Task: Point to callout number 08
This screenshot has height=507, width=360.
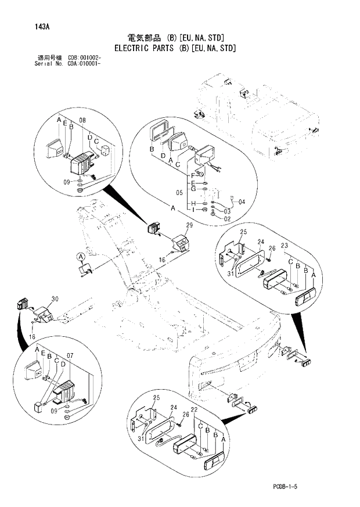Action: [82, 120]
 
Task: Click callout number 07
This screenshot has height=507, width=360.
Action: [70, 355]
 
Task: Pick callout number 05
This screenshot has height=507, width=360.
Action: [179, 193]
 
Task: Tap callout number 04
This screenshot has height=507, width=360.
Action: [242, 202]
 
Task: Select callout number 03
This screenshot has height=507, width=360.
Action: [227, 211]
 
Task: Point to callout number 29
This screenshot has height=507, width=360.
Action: [189, 225]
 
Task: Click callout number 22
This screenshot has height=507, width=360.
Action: [195, 411]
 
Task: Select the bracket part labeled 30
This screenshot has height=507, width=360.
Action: [45, 314]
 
